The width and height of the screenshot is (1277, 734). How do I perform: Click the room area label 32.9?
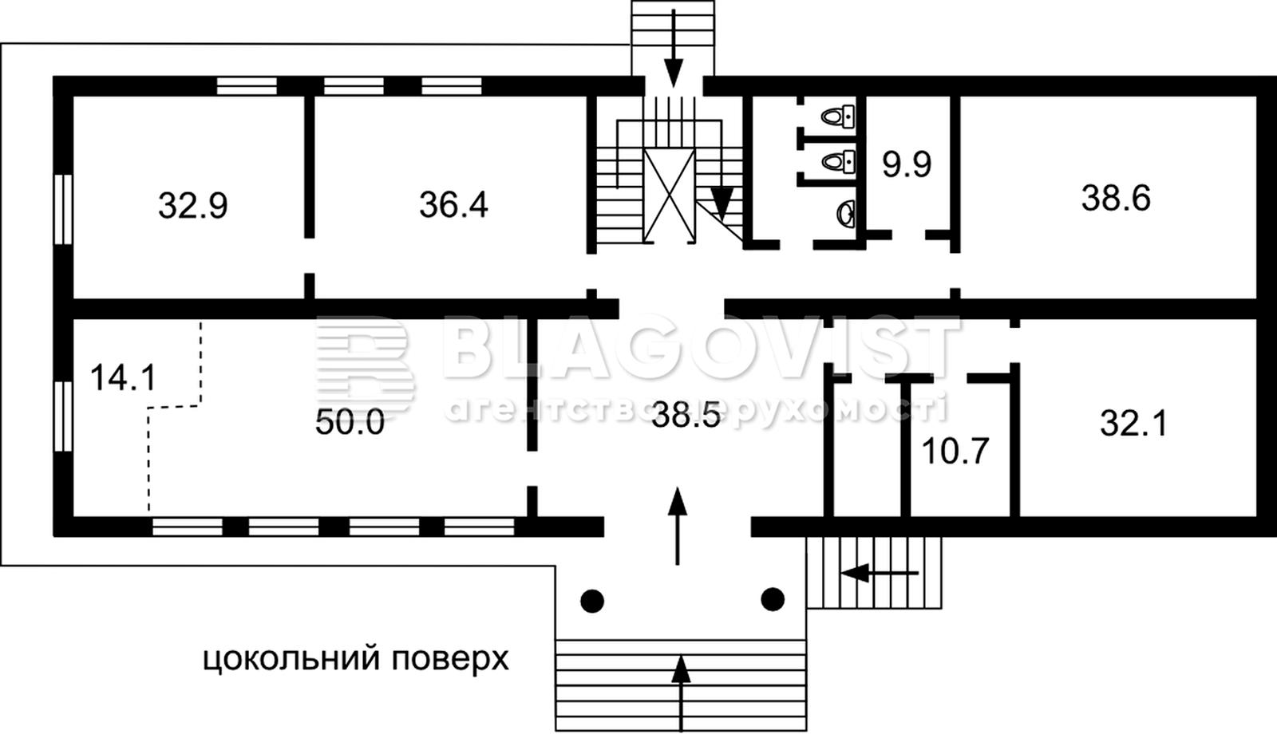click(x=192, y=206)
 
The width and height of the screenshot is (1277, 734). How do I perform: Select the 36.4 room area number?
click(x=454, y=204)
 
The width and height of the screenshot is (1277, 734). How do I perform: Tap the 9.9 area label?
click(x=907, y=164)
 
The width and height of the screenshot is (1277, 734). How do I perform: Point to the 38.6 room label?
click(x=1117, y=199)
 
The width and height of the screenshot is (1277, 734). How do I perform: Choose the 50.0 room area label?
click(x=350, y=423)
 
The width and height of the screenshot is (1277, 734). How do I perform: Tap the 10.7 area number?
click(x=955, y=451)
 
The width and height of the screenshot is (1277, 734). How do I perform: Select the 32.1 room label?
click(x=1133, y=424)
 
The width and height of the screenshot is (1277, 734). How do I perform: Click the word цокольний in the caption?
click(x=291, y=660)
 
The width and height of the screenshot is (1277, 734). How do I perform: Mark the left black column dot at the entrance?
click(x=592, y=601)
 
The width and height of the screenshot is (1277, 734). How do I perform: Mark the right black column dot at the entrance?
click(x=773, y=599)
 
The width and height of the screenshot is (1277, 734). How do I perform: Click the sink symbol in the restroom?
click(x=847, y=214)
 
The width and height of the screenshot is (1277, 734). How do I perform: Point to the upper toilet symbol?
click(x=838, y=116)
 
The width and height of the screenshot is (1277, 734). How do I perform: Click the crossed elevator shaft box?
click(x=670, y=195)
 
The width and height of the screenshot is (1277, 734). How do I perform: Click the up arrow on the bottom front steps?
click(x=681, y=693)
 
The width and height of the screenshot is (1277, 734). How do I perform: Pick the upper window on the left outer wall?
click(x=63, y=209)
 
